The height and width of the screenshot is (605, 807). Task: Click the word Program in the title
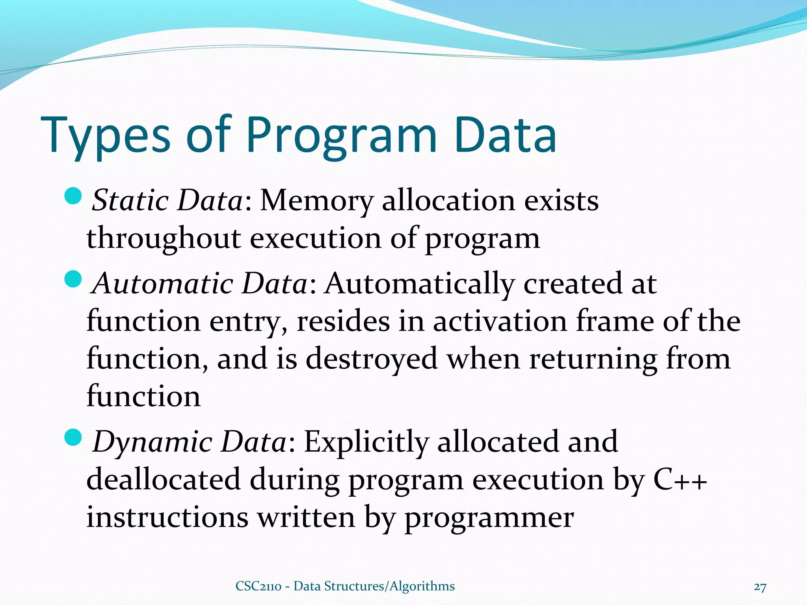(x=341, y=136)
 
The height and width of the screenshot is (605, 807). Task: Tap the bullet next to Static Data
(x=73, y=196)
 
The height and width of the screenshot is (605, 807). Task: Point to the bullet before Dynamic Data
(x=73, y=436)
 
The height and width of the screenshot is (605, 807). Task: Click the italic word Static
(x=130, y=201)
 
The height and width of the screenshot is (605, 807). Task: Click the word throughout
(x=164, y=239)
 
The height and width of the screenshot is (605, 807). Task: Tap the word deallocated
(x=163, y=479)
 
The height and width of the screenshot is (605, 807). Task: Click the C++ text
(x=680, y=480)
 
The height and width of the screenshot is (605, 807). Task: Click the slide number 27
(x=760, y=587)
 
